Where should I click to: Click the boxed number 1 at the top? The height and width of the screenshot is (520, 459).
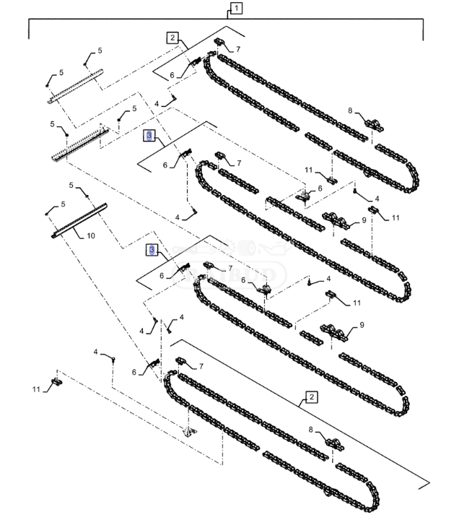[x=236, y=9]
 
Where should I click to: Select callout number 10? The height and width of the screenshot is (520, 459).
[x=91, y=235]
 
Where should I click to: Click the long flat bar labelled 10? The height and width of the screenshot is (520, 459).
[x=79, y=220]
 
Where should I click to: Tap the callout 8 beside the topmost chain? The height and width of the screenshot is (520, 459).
[x=350, y=111]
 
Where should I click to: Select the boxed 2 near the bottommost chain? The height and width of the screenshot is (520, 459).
[x=311, y=396]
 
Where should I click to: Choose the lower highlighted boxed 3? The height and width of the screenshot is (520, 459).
[x=152, y=249]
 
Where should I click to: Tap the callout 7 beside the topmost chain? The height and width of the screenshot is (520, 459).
[x=238, y=48]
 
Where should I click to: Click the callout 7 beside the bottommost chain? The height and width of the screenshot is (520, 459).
[x=201, y=366]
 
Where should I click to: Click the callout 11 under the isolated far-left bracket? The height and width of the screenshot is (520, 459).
[x=36, y=391]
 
